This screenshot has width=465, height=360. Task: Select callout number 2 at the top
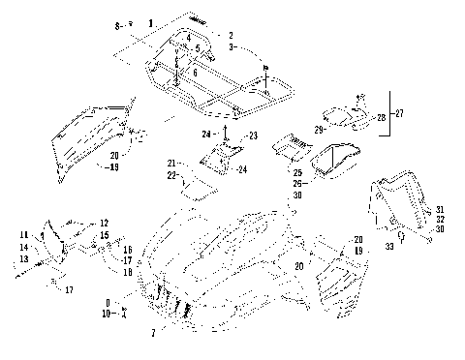pyautogui.click(x=232, y=35)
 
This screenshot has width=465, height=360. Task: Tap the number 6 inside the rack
pyautogui.click(x=194, y=73)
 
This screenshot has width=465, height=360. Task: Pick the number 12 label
pyautogui.click(x=105, y=223)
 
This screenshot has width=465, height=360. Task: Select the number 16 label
pyautogui.click(x=126, y=249)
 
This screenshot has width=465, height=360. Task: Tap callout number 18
pyautogui.click(x=126, y=272)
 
